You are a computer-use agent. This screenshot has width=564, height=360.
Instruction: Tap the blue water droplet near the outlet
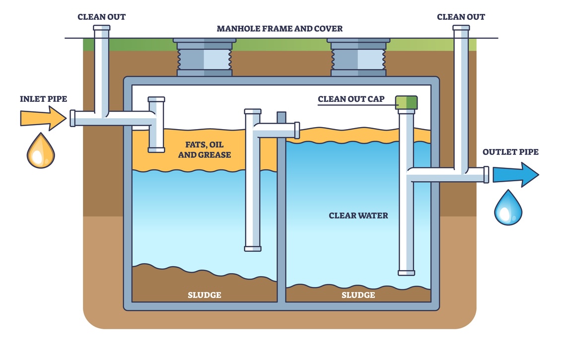coord(508,208)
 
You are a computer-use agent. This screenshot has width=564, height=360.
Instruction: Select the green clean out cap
coord(407,102)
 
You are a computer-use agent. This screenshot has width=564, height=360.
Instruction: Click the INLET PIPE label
coord(44,99)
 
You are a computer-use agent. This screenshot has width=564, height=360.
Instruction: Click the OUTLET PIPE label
coord(510,152)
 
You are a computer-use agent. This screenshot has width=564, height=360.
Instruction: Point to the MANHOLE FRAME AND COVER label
coord(280,29)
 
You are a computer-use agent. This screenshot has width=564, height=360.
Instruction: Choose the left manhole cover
coord(205,57)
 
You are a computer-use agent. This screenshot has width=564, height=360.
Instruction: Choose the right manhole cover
coord(358,57)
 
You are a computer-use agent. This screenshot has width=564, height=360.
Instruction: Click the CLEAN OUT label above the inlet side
coord(101,17)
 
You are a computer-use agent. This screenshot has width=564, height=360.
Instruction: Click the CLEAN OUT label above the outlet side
coord(461,17)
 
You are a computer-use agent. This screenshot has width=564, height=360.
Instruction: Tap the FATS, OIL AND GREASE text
coord(205,149)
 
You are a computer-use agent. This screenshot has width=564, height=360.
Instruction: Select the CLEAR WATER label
coord(358,216)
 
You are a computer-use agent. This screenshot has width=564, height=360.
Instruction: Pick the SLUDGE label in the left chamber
coord(205,295)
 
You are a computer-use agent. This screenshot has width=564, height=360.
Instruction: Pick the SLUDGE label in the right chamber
coord(358,295)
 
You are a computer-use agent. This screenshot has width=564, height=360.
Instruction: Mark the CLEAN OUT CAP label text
coord(351,99)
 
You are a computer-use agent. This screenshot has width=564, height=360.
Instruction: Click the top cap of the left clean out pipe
coord(101,28)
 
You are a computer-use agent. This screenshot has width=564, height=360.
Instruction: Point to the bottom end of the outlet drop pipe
coord(407,273)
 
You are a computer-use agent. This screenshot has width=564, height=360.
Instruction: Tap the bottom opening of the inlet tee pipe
coord(156,149)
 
